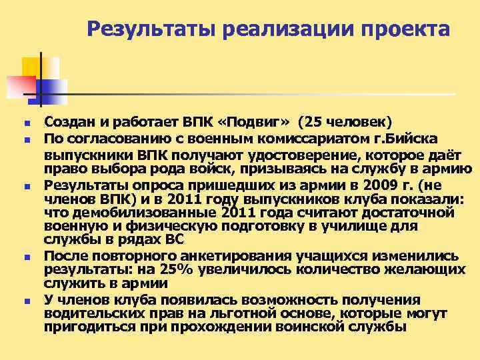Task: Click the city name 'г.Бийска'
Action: click(x=401, y=139)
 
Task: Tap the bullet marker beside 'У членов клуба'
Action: click(x=24, y=301)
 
